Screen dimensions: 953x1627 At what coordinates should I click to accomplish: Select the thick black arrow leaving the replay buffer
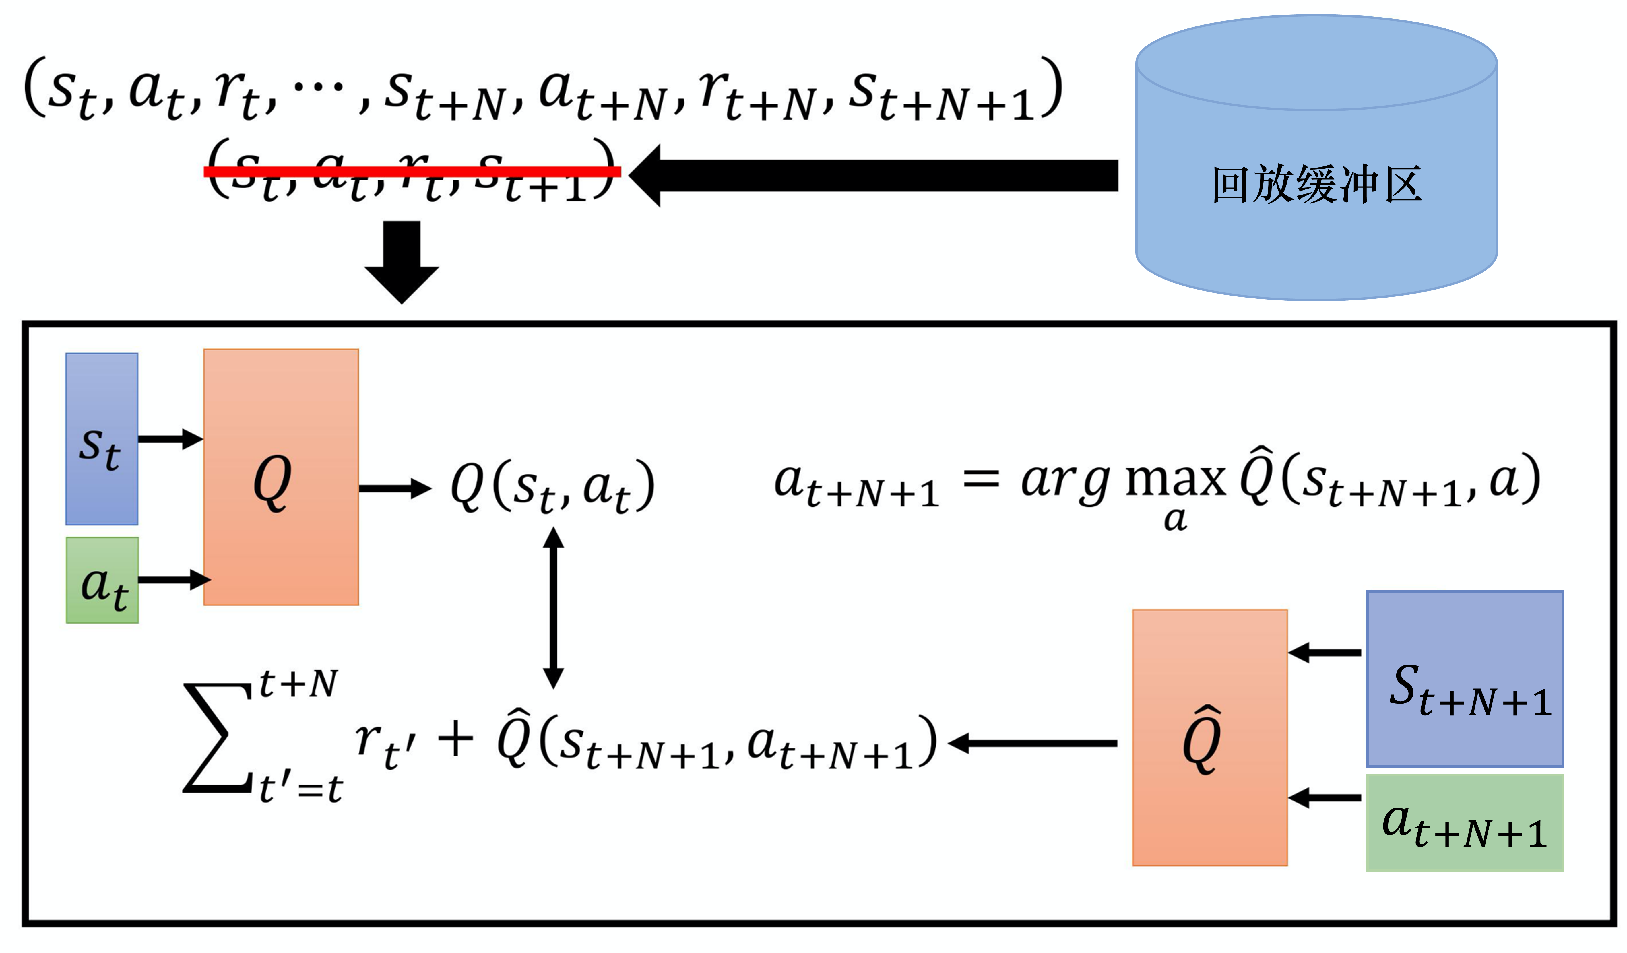click(x=872, y=176)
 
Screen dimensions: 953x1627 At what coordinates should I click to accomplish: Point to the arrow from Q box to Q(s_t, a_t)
click(x=394, y=488)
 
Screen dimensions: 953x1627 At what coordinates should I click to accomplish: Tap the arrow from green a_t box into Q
click(x=173, y=579)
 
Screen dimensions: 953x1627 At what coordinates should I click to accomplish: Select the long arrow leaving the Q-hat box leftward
click(x=1033, y=743)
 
